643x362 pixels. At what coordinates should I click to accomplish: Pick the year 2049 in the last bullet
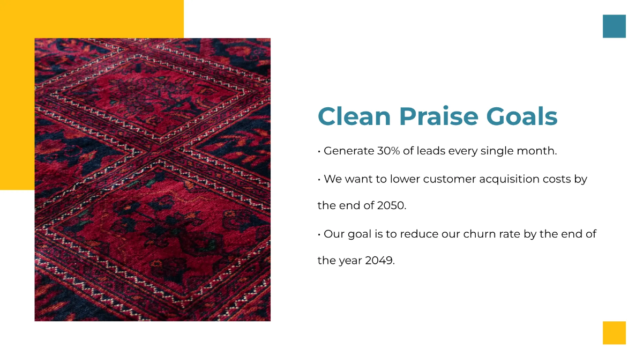coord(379,261)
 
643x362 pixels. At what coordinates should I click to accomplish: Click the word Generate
coord(349,151)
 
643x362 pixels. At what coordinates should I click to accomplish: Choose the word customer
coord(448,179)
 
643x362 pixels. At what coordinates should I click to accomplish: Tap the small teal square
coord(614,26)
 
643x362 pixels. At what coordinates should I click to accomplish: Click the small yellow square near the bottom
coord(614,333)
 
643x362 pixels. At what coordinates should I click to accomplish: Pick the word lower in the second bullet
coord(405,179)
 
